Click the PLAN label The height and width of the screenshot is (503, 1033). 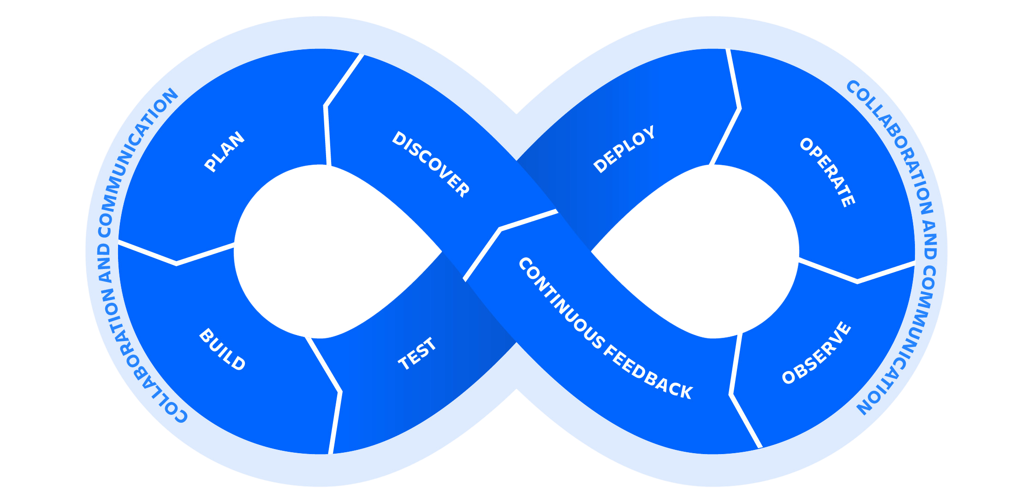coord(225,152)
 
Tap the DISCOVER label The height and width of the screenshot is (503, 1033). coord(430,164)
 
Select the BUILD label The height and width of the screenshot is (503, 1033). coord(222,349)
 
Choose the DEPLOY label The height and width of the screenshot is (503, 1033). coord(624,149)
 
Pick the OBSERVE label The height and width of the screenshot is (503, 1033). coord(817,353)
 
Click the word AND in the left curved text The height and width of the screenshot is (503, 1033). coord(105,263)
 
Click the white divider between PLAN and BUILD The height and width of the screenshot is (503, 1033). coord(177,263)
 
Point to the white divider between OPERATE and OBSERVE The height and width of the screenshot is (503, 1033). coord(857,281)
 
